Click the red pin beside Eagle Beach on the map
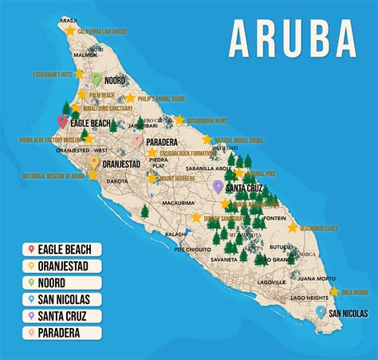[62, 122]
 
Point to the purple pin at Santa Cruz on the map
[218, 187]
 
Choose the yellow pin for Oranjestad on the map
[94, 164]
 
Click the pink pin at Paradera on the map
[138, 140]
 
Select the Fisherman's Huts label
[49, 74]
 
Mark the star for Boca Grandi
[334, 291]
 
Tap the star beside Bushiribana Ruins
[179, 120]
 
